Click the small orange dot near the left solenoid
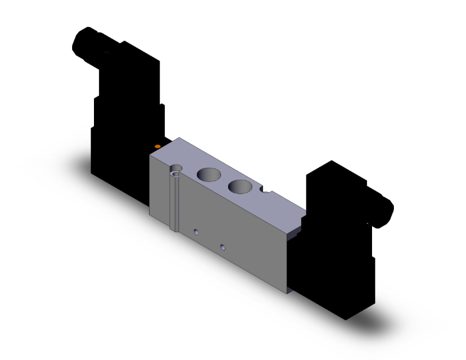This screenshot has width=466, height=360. coord(158,146)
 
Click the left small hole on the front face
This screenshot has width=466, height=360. coord(197,232)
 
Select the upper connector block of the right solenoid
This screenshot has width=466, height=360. coord(332,188)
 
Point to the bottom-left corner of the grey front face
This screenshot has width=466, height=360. coord(150,216)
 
